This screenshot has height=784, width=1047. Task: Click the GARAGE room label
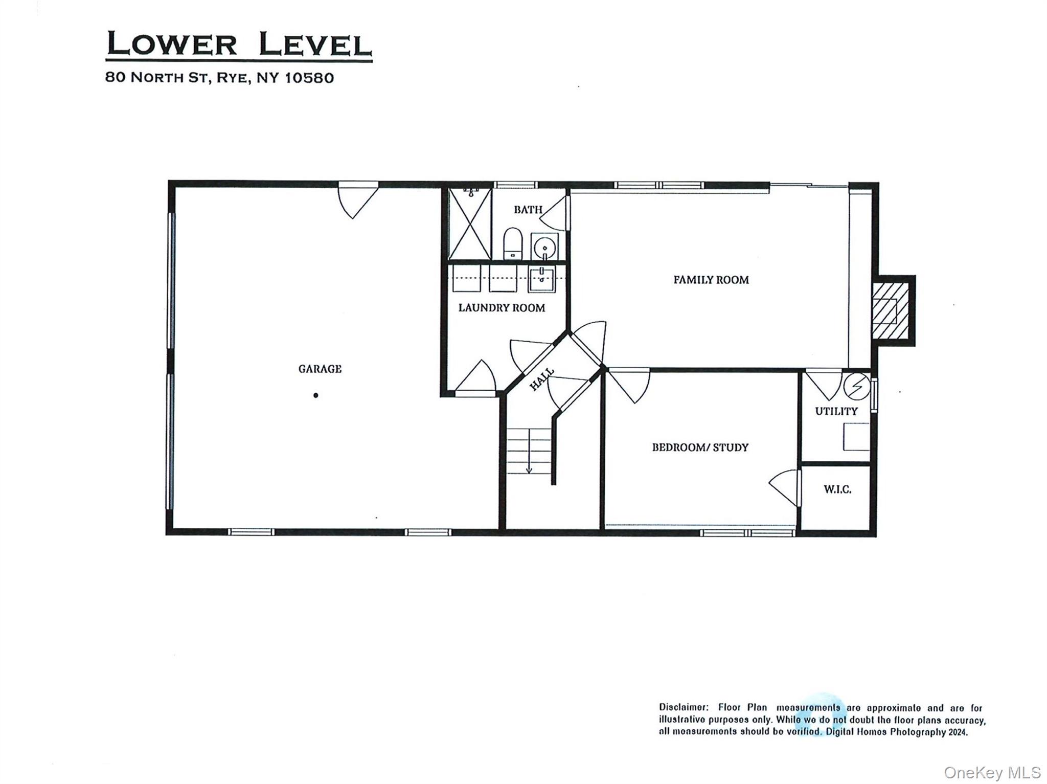click(320, 369)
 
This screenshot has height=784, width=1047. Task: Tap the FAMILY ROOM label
click(711, 280)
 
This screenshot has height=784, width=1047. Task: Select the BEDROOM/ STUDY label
click(700, 447)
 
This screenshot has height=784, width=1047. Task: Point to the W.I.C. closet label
click(837, 489)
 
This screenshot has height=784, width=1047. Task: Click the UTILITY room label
click(836, 411)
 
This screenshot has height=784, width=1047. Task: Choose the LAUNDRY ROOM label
click(501, 308)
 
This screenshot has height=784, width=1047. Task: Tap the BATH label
click(528, 210)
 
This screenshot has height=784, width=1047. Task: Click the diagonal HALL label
click(541, 379)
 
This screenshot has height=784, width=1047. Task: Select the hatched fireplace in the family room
click(890, 311)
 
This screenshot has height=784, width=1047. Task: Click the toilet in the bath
click(512, 244)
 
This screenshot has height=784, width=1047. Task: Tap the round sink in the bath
click(544, 247)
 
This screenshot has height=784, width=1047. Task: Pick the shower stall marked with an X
click(469, 224)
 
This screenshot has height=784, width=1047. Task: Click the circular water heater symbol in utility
click(856, 386)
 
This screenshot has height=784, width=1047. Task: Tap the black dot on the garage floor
click(316, 395)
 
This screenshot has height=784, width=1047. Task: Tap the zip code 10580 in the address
click(309, 78)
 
